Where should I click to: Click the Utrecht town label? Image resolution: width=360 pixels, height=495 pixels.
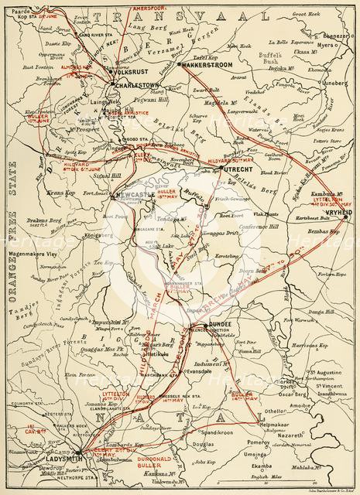point(232,168)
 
